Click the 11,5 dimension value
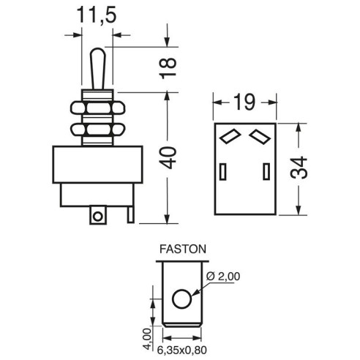(97, 15)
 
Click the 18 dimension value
(168, 68)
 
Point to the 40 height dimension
(168, 157)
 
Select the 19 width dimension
(244, 102)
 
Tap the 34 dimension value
(299, 168)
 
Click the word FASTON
(183, 249)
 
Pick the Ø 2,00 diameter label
(223, 277)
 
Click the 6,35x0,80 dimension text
(182, 350)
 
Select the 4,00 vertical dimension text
(147, 339)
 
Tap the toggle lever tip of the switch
(98, 52)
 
